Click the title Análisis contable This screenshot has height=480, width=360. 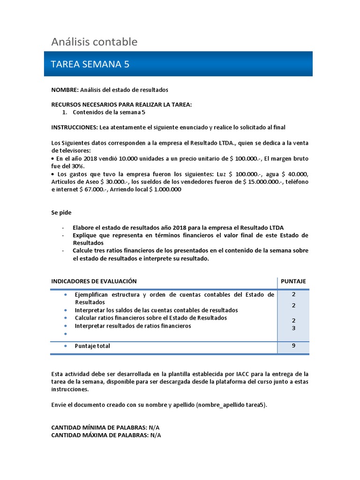(x=94, y=42)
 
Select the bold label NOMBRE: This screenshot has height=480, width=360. (x=65, y=89)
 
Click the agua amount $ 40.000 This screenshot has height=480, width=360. (x=297, y=174)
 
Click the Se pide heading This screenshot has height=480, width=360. (x=61, y=212)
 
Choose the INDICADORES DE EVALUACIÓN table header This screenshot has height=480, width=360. (x=94, y=281)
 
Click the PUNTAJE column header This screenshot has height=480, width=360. (x=293, y=281)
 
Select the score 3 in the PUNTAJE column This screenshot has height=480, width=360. (x=293, y=328)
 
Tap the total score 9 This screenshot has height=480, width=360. (x=293, y=346)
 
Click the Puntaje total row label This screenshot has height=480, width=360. (x=92, y=346)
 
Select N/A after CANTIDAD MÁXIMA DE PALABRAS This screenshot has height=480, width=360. (x=155, y=435)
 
